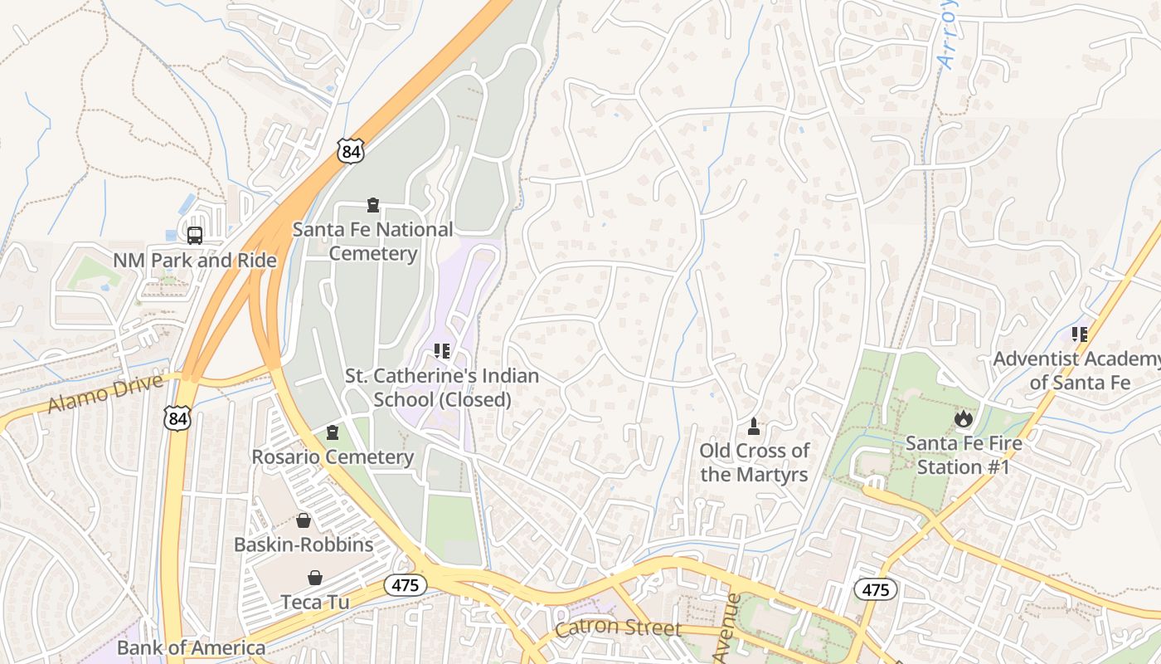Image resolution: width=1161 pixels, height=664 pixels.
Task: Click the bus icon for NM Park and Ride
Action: click(195, 236)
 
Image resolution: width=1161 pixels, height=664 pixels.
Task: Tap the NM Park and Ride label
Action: click(195, 261)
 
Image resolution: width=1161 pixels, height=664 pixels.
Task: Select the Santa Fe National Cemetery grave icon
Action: click(373, 205)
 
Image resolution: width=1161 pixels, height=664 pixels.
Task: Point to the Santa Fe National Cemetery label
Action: click(373, 242)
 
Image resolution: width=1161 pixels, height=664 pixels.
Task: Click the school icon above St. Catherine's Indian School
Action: click(442, 351)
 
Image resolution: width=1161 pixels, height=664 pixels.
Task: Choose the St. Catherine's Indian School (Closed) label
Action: click(442, 388)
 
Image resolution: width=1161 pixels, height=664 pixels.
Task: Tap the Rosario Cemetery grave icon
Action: click(333, 432)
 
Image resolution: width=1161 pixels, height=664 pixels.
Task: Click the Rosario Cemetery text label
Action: click(333, 457)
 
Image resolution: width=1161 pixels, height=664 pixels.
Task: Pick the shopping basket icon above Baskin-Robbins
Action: click(304, 520)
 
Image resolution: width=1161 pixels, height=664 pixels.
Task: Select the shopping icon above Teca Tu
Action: click(315, 578)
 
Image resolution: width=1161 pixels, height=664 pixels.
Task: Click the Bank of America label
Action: click(192, 647)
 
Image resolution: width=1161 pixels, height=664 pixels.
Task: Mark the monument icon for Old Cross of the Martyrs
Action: click(754, 427)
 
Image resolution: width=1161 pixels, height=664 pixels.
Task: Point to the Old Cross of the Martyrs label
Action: click(754, 463)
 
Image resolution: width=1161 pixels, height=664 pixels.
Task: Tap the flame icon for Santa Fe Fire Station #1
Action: click(963, 418)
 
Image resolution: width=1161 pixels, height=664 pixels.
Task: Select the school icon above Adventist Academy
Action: click(1080, 334)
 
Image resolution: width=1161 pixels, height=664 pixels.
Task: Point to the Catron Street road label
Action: click(618, 628)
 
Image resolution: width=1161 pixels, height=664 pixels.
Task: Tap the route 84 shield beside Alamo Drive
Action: click(177, 418)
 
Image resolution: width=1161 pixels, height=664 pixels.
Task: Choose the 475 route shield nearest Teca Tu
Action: click(406, 585)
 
